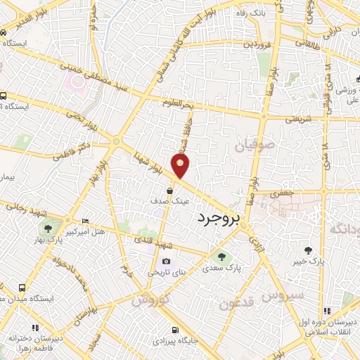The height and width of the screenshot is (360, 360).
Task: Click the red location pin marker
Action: pyautogui.click(x=181, y=166)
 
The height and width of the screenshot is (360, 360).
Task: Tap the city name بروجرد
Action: pyautogui.click(x=219, y=219)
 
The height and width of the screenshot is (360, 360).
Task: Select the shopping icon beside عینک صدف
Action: pyautogui.click(x=170, y=190)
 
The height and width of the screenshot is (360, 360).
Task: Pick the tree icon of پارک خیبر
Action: pyautogui.click(x=308, y=250)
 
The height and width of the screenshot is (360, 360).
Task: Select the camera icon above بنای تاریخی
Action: pyautogui.click(x=166, y=261)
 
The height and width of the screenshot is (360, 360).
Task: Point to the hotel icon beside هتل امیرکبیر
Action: pyautogui.click(x=85, y=221)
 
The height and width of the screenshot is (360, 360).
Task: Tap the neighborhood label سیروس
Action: pyautogui.click(x=283, y=295)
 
